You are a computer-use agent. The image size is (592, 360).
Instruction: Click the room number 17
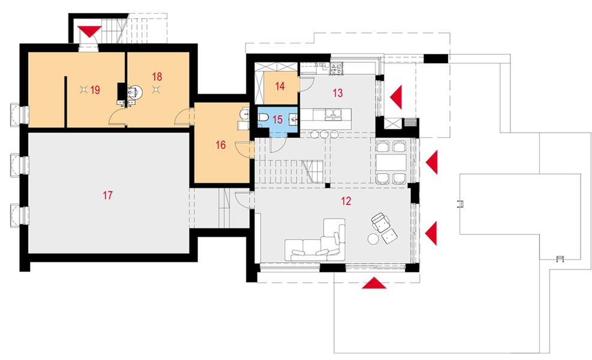coord(107,195)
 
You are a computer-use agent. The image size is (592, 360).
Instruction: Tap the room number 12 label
coord(346,201)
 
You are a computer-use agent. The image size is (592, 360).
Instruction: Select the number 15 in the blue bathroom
coord(278,120)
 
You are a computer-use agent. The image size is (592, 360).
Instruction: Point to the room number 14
coord(280,86)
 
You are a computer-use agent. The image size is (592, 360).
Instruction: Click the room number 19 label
coord(95,90)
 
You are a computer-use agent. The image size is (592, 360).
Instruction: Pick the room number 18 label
coord(157,77)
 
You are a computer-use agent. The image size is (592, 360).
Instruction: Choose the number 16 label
coord(221,145)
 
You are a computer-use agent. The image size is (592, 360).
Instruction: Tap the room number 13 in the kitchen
coord(338,93)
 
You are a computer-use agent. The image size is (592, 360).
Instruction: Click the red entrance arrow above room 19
coord(89,31)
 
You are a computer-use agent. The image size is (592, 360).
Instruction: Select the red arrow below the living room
coord(374,283)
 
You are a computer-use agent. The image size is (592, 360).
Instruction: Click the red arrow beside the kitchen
coord(396,97)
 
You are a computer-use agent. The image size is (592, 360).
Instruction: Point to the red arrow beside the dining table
coord(431,162)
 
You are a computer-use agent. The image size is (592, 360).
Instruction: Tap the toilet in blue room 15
coord(263,118)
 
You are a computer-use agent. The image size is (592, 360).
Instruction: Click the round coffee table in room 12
coord(374,239)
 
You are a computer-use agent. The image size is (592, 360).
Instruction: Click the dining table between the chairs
coord(391,163)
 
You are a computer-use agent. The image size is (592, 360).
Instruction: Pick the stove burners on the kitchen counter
coord(336,68)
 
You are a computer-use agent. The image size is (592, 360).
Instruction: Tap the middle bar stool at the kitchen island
coord(324,134)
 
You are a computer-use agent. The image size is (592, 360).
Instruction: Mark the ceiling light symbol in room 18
coord(155,89)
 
